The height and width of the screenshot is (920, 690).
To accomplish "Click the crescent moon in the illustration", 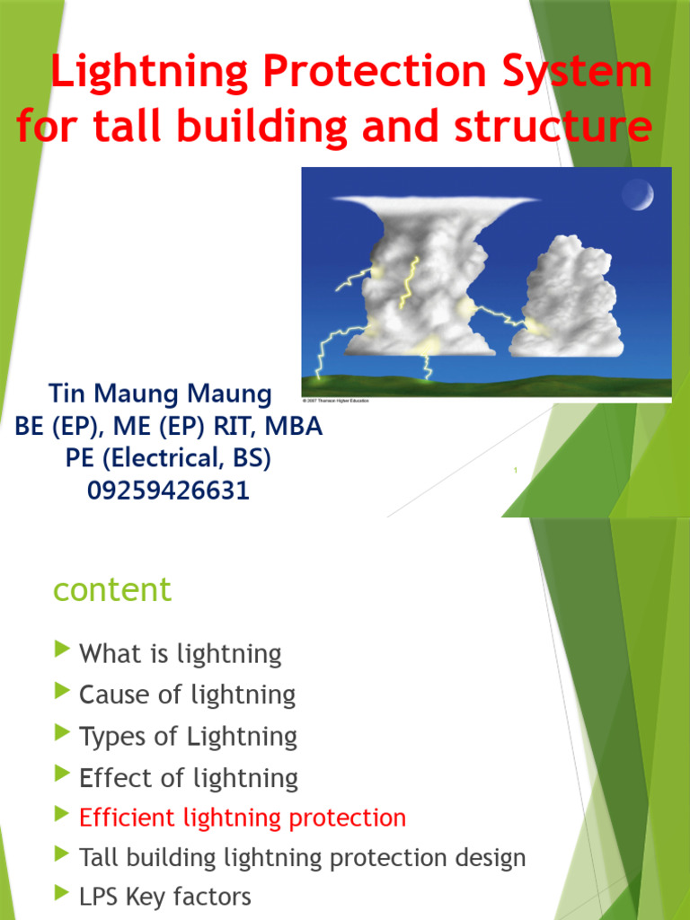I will [x=637, y=193].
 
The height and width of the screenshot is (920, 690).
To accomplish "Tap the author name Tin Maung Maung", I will [x=160, y=394].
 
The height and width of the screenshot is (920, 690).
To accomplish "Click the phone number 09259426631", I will [x=168, y=491].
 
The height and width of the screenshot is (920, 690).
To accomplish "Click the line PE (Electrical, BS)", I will [x=168, y=458].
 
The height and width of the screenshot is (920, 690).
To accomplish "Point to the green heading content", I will [x=112, y=590].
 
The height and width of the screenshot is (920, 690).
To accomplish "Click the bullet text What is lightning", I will [x=181, y=654].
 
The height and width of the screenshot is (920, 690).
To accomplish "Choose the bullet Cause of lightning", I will [x=187, y=694].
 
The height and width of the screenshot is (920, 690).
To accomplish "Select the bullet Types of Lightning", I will [x=188, y=737].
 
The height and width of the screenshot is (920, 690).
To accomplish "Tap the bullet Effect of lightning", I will [x=189, y=778].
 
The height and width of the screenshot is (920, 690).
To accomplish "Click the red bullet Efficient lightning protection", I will [x=243, y=818].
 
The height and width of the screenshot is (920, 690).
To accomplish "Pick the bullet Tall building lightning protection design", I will [x=302, y=858].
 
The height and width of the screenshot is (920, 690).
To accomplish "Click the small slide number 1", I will [x=517, y=471].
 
